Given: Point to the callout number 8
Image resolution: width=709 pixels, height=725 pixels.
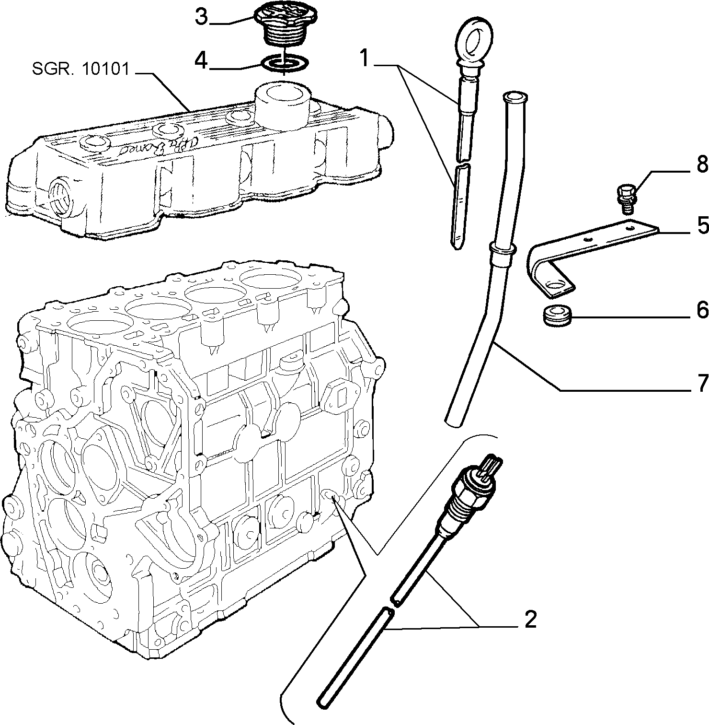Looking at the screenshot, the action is pyautogui.click(x=701, y=164).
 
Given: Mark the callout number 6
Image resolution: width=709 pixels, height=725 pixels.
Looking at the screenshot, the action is pyautogui.click(x=701, y=310).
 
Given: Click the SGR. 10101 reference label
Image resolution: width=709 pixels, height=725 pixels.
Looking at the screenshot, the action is pyautogui.click(x=80, y=70).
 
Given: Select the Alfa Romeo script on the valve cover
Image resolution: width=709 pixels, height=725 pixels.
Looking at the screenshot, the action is pyautogui.click(x=142, y=146).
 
